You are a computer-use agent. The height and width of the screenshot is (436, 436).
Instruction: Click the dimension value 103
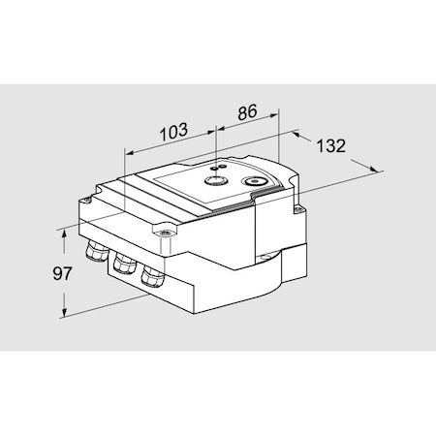tap(171, 129)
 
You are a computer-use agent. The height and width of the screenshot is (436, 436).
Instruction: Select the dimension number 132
tap(331, 146)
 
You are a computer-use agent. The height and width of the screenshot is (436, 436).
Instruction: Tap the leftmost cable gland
tap(95, 255)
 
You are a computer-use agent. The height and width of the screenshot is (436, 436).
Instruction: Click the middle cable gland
tap(122, 265)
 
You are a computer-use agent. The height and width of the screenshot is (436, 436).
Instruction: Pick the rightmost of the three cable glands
tap(150, 275)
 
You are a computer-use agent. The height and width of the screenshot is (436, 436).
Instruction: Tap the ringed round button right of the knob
tap(256, 180)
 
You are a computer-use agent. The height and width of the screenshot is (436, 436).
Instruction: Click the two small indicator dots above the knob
tap(218, 167)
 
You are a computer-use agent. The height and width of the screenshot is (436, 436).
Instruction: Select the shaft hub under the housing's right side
tap(265, 256)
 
